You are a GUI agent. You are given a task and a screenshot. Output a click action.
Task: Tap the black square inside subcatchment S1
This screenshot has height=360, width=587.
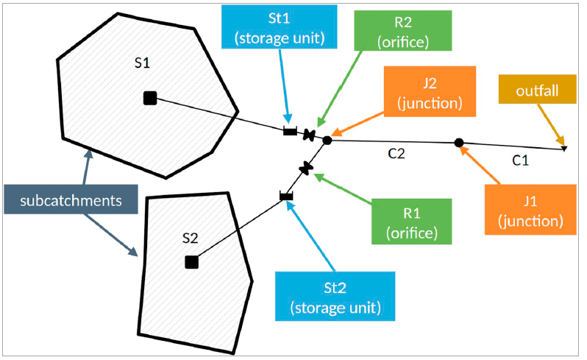click(149, 98)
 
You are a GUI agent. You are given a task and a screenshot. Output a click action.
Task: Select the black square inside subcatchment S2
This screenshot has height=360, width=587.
click(191, 261)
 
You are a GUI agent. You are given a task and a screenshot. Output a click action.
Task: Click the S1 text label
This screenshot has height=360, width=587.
click(142, 64)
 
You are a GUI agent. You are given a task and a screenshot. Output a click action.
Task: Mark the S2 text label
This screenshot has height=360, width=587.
click(190, 238)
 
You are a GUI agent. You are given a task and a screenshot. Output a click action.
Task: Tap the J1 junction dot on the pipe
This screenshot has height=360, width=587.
click(458, 142)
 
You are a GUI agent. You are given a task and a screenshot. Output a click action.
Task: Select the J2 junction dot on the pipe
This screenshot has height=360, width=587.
click(327, 139)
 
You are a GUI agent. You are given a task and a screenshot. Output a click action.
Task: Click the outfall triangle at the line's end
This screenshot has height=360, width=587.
click(563, 149)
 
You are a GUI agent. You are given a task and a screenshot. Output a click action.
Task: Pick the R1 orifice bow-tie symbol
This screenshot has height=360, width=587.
click(307, 169)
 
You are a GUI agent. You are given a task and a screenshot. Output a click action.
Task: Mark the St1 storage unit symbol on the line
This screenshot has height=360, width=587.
click(291, 131)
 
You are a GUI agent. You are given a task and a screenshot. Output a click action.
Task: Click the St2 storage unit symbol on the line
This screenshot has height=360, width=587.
click(286, 196)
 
